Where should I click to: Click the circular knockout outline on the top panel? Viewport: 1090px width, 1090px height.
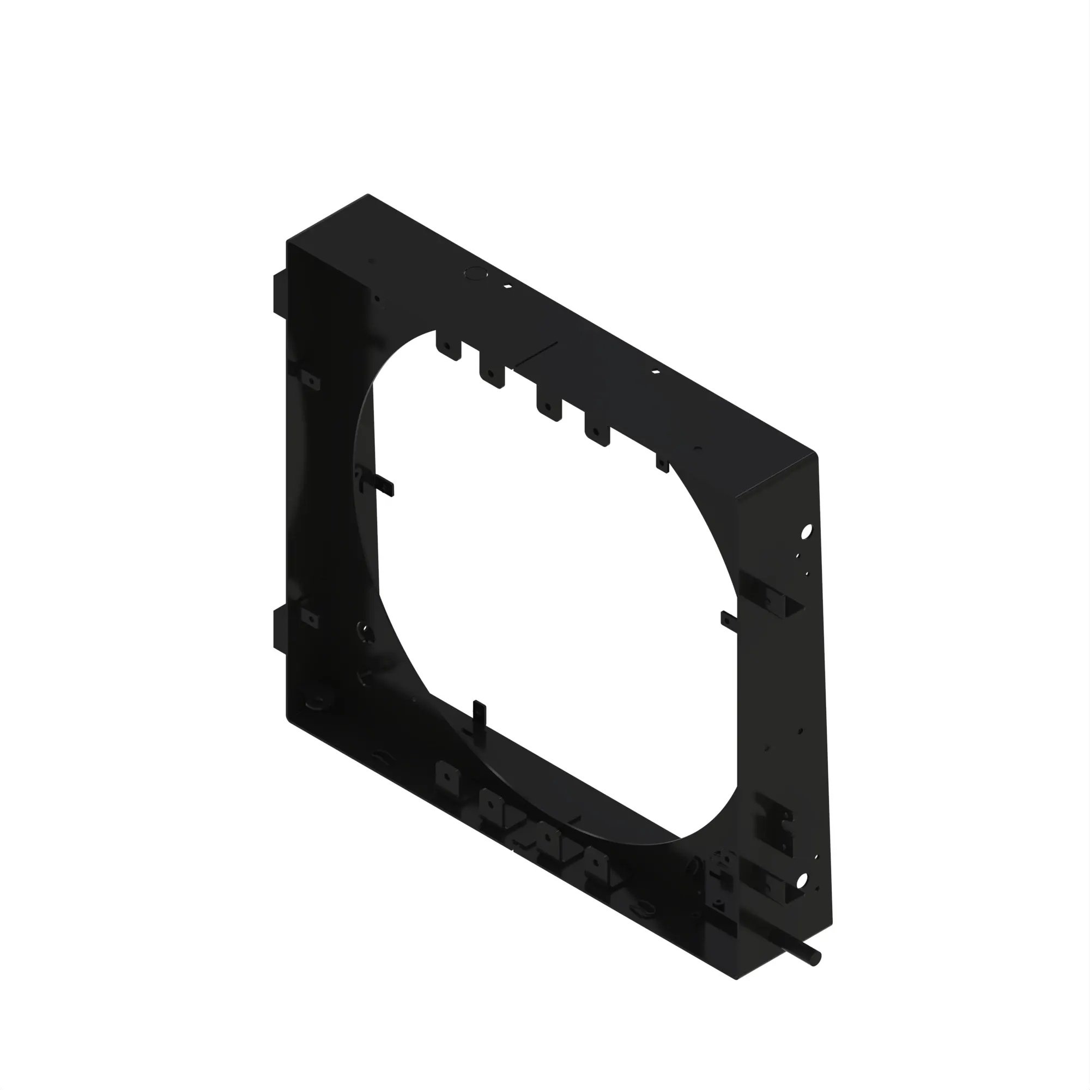(475, 274)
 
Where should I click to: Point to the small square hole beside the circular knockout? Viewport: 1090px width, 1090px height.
(508, 286)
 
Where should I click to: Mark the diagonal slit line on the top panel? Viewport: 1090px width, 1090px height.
(536, 354)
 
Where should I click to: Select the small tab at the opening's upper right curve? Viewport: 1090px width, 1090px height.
(662, 464)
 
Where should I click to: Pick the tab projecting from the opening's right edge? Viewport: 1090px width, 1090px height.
(728, 620)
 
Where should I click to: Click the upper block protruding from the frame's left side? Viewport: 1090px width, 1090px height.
(280, 293)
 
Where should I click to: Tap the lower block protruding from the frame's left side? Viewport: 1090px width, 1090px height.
(280, 627)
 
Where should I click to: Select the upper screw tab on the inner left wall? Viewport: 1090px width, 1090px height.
(310, 381)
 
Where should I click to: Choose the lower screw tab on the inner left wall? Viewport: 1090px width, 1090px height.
(310, 619)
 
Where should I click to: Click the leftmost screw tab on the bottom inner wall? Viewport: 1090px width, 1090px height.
(447, 775)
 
